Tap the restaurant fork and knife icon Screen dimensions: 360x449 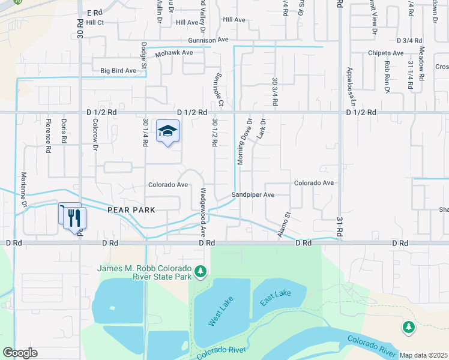pos(74,217)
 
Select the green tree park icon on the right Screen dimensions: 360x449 pos(408,327)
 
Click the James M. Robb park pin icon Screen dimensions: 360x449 pos(200,273)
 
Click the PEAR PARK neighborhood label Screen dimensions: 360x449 pos(131,210)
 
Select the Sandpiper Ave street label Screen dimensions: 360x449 pos(253,195)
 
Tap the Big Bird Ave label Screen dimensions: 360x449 pos(118,71)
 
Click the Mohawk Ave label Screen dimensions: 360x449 pos(173,53)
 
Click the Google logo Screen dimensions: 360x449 pos(20,353)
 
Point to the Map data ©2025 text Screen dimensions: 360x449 pos(423,355)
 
